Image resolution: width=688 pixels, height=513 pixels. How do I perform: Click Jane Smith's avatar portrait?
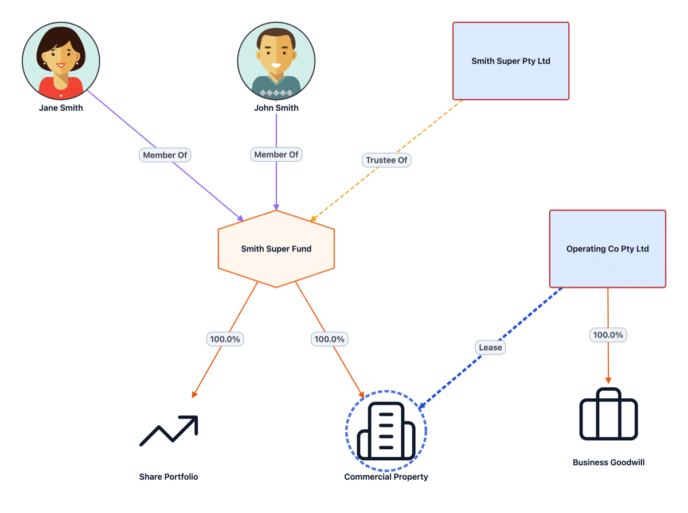tap(61, 60)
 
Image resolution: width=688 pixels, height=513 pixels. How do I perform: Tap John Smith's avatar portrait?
tap(276, 61)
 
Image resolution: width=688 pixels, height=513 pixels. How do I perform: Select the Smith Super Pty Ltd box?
tap(510, 61)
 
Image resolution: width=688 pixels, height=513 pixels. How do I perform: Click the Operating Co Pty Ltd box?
tap(607, 249)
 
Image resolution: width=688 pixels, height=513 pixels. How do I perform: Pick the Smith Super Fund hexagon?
tap(276, 249)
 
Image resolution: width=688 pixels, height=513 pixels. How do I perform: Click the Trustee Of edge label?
tap(386, 160)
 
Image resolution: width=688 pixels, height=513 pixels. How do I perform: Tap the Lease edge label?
tap(490, 347)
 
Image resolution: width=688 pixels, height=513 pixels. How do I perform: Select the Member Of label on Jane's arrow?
tap(165, 155)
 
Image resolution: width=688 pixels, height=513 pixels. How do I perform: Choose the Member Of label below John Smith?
tap(276, 154)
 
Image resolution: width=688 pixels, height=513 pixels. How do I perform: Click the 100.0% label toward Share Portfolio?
tap(225, 339)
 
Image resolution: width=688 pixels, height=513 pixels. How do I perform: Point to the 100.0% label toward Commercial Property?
tap(329, 339)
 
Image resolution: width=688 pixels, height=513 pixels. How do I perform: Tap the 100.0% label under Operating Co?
tap(608, 335)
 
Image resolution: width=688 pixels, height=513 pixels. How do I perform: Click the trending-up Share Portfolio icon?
tap(169, 430)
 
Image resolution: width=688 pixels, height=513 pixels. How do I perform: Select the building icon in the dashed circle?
tap(386, 431)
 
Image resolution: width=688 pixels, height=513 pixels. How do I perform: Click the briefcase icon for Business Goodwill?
tap(608, 414)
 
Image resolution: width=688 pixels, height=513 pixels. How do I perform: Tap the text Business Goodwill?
tap(608, 462)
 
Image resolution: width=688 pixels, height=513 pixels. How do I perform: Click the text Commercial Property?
tap(386, 477)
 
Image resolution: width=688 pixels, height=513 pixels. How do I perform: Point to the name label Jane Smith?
tap(61, 108)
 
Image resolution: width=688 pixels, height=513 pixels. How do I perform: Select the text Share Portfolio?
tap(169, 477)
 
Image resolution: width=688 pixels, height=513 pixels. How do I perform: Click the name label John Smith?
tap(276, 108)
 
